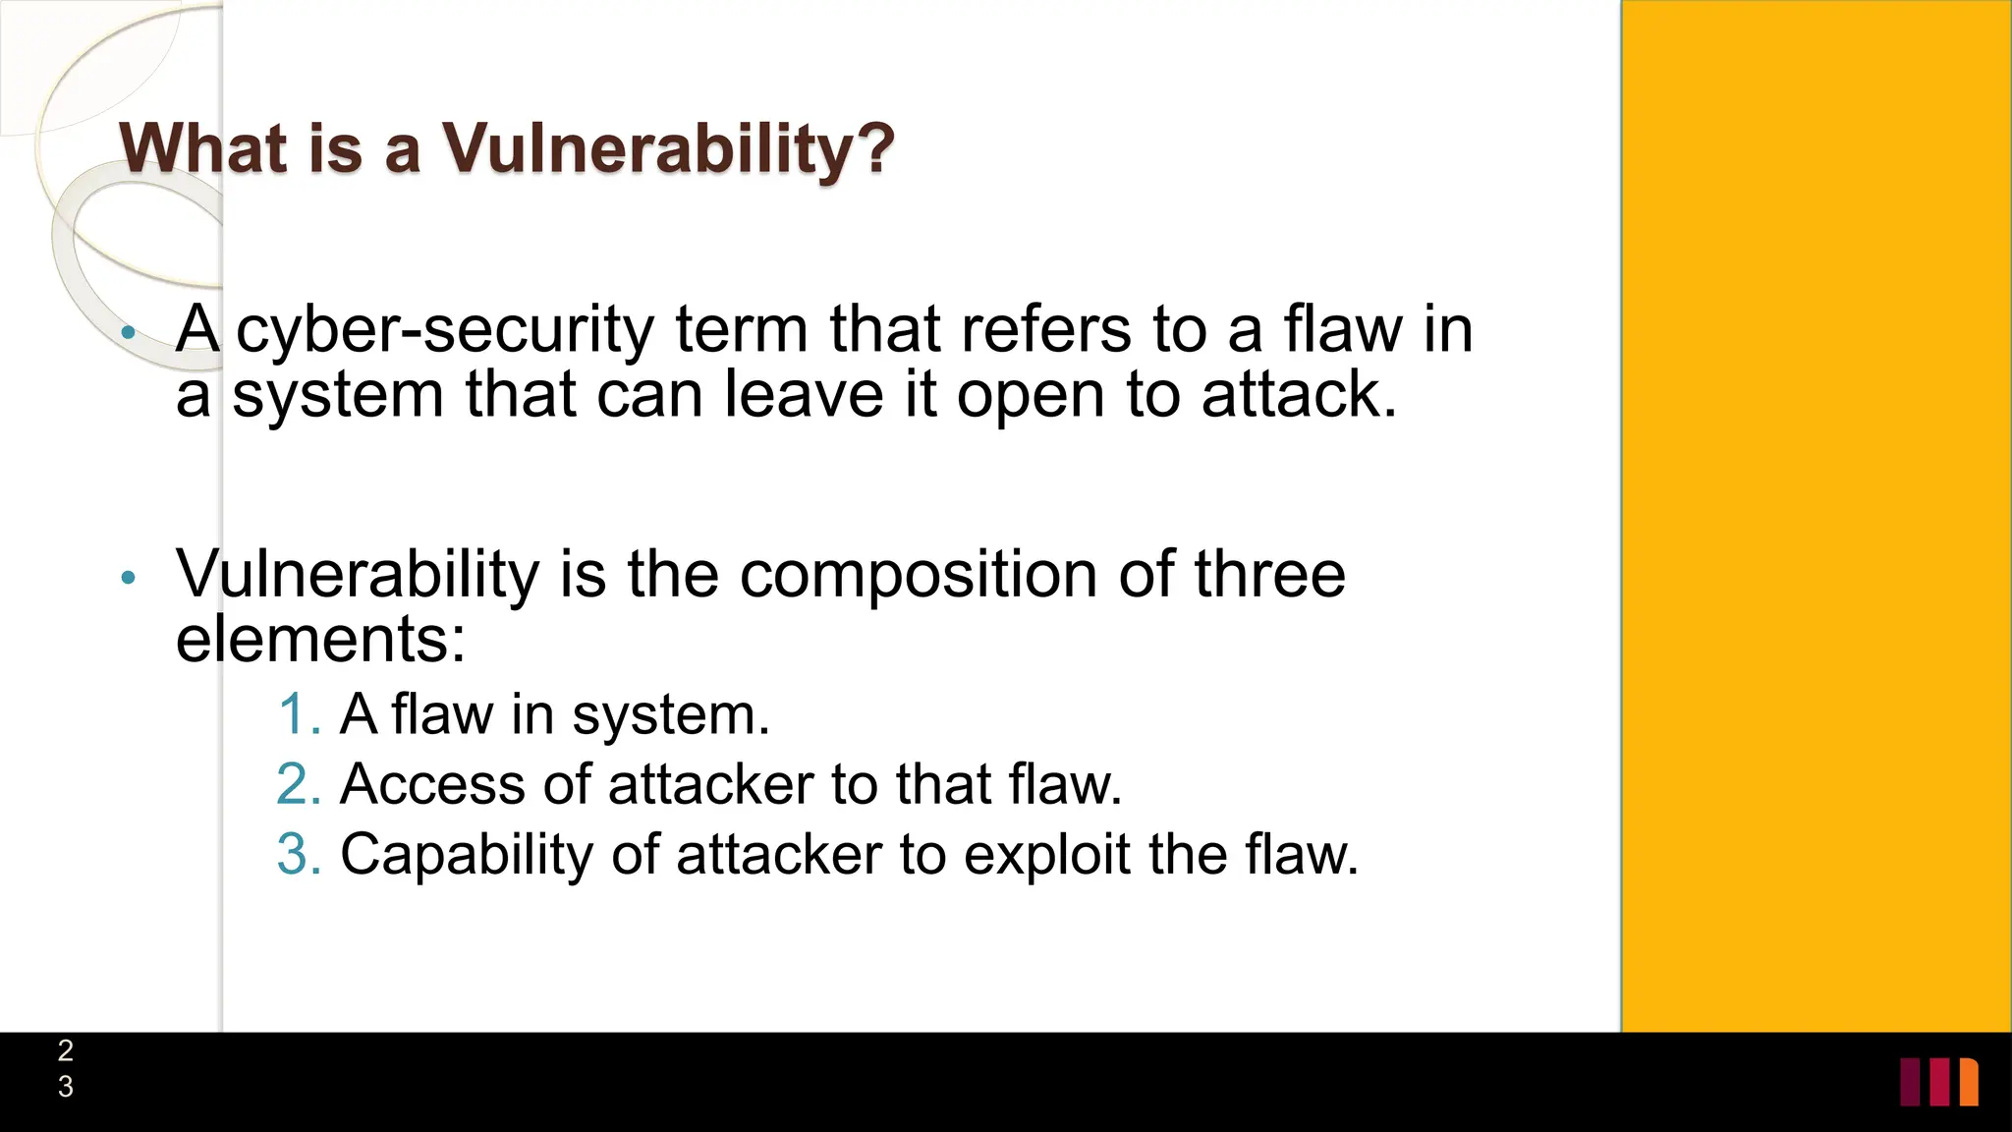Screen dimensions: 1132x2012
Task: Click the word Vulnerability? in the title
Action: click(668, 149)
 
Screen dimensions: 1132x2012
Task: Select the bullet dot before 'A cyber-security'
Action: click(128, 334)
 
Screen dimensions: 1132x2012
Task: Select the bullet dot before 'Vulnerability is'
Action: click(128, 578)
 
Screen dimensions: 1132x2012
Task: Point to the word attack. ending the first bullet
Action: click(1299, 395)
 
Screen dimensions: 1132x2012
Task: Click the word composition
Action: click(918, 574)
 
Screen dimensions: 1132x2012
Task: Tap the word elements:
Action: click(320, 639)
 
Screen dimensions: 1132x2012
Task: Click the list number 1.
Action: click(299, 714)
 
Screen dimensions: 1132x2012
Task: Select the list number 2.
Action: click(299, 784)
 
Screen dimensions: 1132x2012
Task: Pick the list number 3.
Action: click(299, 854)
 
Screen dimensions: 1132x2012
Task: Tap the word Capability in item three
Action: click(467, 855)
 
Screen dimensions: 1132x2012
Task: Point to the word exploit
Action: click(1046, 855)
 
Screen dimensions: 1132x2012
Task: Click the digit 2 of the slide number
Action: click(66, 1050)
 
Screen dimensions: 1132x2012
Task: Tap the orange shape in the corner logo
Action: click(1969, 1082)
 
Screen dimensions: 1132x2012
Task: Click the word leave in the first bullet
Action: click(804, 395)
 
